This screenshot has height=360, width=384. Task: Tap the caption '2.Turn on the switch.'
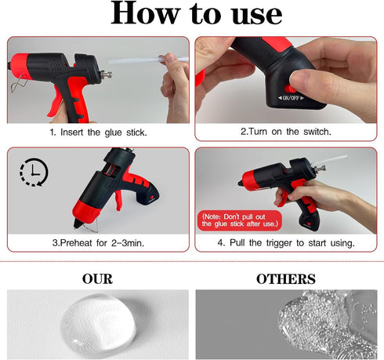288,133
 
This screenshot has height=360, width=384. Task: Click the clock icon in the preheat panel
31,173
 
